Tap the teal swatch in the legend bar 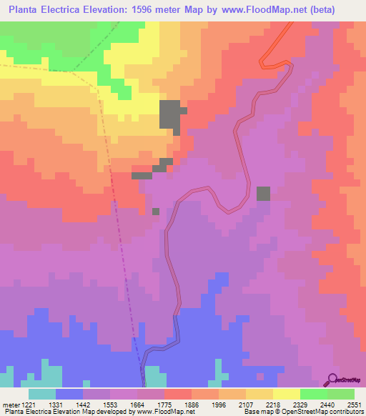[41, 394]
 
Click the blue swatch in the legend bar [69, 394]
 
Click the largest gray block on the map [169, 116]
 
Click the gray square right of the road [264, 194]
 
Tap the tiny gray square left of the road [156, 211]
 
